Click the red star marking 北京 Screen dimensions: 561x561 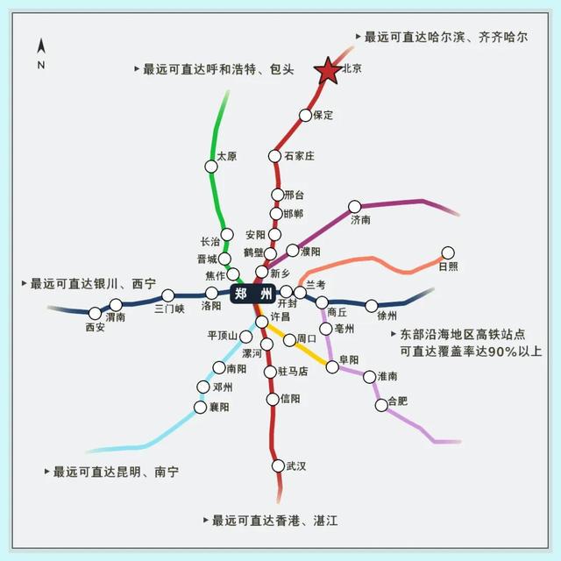click(x=328, y=72)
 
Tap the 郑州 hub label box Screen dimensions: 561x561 click(x=253, y=294)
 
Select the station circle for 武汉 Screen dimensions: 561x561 click(x=278, y=465)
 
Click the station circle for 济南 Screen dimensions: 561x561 click(x=354, y=207)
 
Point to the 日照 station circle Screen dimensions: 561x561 click(x=448, y=253)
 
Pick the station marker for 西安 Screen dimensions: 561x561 click(x=95, y=314)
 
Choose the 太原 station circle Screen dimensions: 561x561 click(x=211, y=167)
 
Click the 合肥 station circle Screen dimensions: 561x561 click(x=381, y=405)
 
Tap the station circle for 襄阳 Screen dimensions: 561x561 click(x=201, y=407)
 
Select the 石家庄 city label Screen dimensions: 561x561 click(x=300, y=156)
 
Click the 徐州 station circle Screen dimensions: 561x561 click(x=372, y=306)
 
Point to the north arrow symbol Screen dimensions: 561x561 click(x=41, y=46)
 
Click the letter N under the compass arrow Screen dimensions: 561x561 click(x=41, y=65)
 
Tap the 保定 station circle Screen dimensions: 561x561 click(x=305, y=115)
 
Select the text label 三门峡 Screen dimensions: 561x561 click(x=169, y=309)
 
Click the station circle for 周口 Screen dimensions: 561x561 click(x=289, y=340)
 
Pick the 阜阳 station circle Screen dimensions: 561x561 click(x=332, y=366)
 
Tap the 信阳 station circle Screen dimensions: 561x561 click(x=273, y=400)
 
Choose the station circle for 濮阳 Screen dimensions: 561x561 click(x=293, y=251)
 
